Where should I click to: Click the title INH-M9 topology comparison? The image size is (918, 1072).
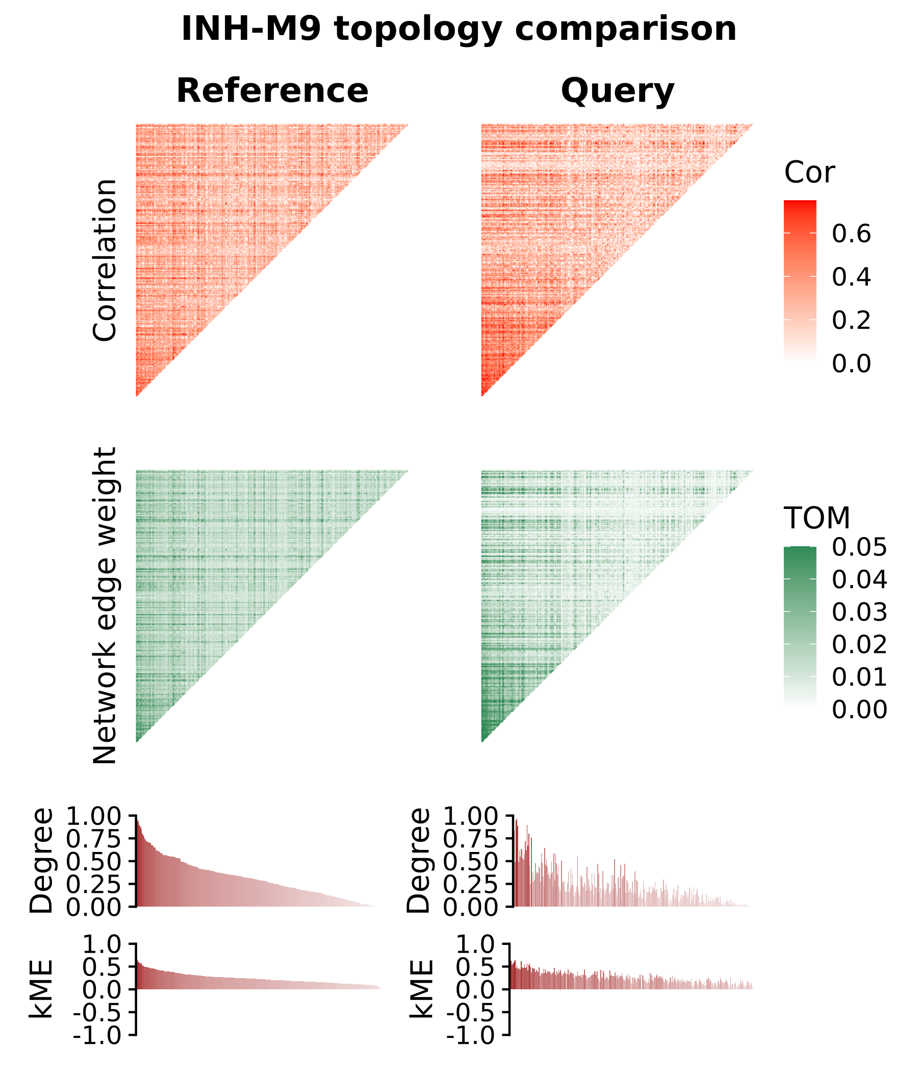(458, 29)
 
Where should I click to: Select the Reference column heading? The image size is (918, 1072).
(272, 91)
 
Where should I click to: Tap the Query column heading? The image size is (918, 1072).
(617, 91)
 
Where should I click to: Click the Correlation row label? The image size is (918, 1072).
(105, 260)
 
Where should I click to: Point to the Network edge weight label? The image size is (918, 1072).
(105, 606)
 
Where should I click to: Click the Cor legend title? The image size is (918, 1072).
(809, 173)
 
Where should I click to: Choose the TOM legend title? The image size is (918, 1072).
(817, 518)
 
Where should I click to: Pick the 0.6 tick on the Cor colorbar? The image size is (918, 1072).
(851, 234)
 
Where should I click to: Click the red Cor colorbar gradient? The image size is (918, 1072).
(800, 280)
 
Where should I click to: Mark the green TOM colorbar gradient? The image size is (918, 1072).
(800, 626)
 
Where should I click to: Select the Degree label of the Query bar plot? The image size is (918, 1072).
(419, 860)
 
